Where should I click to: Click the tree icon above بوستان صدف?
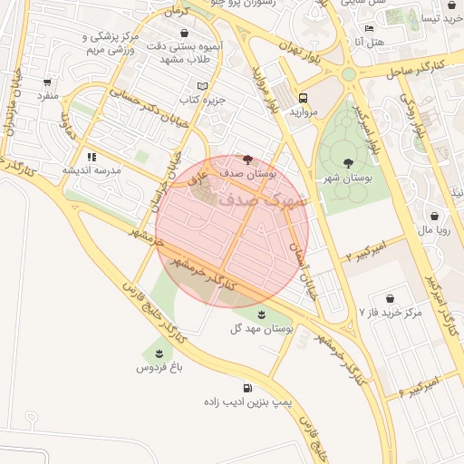249,158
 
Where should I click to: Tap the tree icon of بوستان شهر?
349,164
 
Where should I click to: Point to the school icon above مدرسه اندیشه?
92,157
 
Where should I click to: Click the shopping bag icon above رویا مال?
436,217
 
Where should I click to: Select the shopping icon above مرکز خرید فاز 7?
390,298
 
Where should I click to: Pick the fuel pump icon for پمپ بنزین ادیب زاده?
248,387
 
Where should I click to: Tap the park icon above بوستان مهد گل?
262,314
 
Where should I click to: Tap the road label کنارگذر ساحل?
412,67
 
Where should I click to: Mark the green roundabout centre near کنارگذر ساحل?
349,74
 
